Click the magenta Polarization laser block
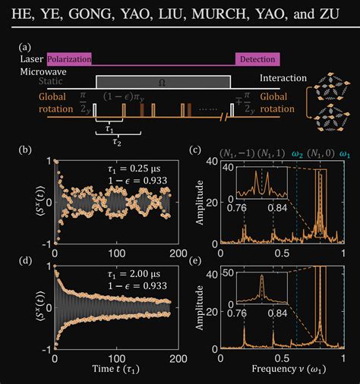pyautogui.click(x=69, y=58)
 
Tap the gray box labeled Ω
pyautogui.click(x=163, y=81)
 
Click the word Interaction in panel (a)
pyautogui.click(x=283, y=78)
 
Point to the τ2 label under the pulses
pyautogui.click(x=116, y=141)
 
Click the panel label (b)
pyautogui.click(x=24, y=151)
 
